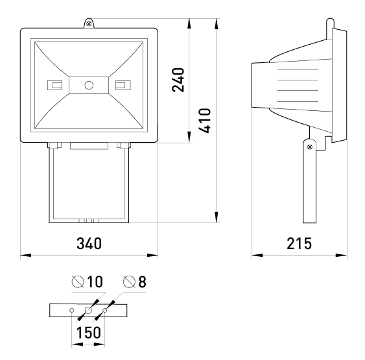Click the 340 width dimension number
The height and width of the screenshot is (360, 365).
89,244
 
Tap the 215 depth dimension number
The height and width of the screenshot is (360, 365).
299,244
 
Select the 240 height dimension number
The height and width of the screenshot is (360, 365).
178,80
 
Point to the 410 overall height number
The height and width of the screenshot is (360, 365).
205,121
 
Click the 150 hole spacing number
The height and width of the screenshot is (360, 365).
89,332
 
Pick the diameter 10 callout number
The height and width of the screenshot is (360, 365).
95,282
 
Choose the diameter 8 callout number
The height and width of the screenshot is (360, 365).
142,282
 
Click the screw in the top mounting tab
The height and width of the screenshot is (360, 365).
89,24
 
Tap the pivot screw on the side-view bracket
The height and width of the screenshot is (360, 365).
310,147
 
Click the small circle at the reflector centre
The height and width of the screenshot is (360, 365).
89,85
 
